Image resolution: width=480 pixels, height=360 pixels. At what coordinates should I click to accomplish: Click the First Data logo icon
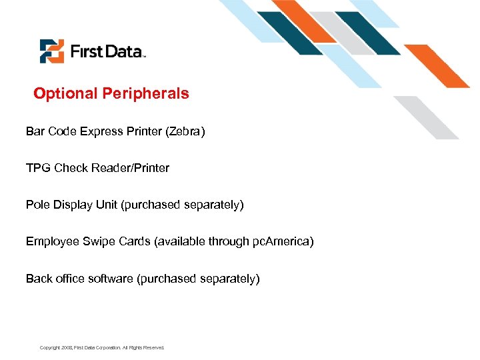[51, 51]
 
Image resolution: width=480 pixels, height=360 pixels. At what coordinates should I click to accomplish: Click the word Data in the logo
[123, 51]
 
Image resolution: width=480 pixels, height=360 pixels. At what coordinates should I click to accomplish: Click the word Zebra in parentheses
[185, 131]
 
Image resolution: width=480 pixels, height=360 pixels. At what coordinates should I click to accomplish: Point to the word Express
[102, 131]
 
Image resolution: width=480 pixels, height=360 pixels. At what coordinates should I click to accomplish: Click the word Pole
[37, 205]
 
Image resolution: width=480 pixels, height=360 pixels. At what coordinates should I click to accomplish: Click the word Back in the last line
[38, 279]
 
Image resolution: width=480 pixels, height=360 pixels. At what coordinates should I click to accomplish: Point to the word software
[111, 279]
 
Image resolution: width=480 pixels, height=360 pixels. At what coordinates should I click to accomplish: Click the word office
[69, 279]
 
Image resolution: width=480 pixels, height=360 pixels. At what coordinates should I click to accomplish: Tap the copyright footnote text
[101, 347]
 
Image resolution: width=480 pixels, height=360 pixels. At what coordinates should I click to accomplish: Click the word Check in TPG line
[70, 168]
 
